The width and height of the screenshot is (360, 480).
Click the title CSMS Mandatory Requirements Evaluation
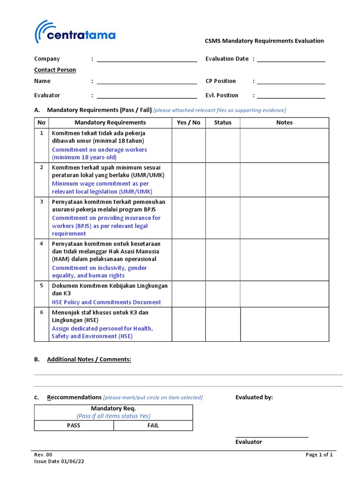264,41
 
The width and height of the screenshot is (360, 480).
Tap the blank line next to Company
146,59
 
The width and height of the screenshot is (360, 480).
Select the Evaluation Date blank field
291,59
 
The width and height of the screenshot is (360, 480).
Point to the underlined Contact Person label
55,70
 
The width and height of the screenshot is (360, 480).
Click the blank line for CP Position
291,82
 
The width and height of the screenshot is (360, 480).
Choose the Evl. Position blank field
291,96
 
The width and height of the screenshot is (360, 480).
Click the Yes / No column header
188,122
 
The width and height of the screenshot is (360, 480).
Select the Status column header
223,122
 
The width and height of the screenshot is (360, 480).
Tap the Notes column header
284,122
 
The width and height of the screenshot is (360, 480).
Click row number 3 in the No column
41,202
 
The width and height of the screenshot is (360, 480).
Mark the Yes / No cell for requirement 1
188,145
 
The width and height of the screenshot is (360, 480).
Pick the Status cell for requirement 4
223,260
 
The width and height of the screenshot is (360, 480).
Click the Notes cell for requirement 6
285,324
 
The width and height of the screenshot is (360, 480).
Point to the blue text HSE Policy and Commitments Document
106,302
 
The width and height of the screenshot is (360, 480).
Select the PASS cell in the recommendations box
74,426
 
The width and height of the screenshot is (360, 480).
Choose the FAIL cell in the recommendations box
153,426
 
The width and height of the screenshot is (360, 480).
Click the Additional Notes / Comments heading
89,360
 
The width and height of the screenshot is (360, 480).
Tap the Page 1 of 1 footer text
319,455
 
